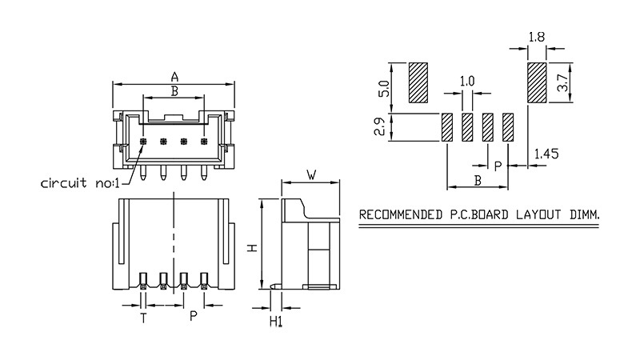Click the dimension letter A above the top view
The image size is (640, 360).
(x=174, y=77)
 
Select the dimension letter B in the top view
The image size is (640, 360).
(x=174, y=91)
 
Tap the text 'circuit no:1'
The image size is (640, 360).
(x=78, y=183)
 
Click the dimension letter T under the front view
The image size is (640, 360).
(x=144, y=318)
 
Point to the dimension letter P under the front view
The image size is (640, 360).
(x=193, y=318)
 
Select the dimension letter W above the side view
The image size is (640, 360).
(x=311, y=174)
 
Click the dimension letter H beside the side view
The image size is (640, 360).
(x=251, y=248)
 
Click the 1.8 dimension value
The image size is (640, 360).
(x=538, y=36)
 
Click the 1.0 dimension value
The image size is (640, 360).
(x=468, y=81)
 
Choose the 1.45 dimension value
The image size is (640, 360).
(x=546, y=154)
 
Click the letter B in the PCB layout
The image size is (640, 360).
(x=478, y=181)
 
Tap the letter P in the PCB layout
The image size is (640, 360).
(x=497, y=166)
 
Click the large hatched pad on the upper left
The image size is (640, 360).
(x=418, y=83)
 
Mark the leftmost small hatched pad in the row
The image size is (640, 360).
(x=448, y=127)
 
